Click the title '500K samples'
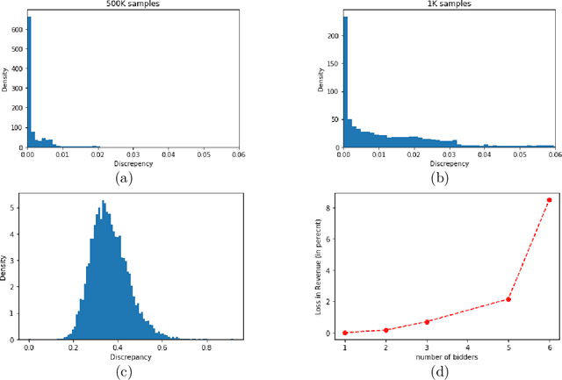click(133, 4)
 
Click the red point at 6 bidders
click(550, 199)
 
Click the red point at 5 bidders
click(508, 299)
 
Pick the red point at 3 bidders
click(426, 321)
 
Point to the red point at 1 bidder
click(344, 333)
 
